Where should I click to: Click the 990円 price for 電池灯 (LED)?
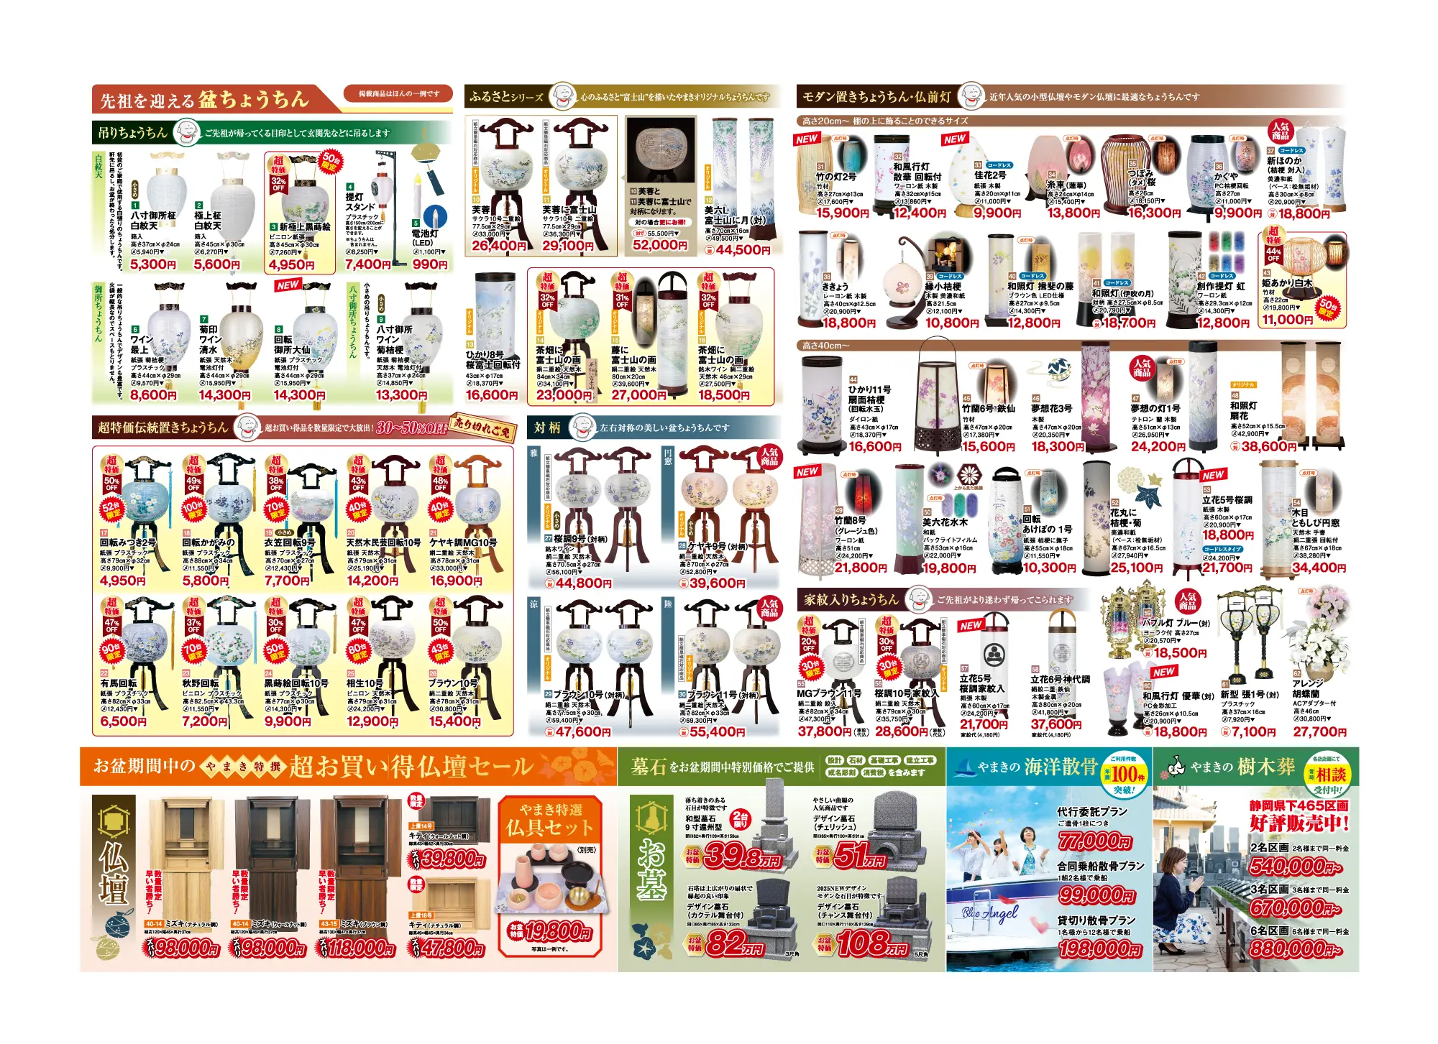click(430, 264)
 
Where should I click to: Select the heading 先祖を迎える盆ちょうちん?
click(204, 99)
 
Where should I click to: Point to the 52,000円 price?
click(660, 245)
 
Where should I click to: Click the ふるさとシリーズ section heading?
click(506, 97)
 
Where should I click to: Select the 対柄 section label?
click(547, 428)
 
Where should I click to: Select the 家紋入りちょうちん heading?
click(851, 599)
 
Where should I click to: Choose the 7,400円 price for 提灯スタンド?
click(367, 264)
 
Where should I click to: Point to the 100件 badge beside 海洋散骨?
click(1125, 775)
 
